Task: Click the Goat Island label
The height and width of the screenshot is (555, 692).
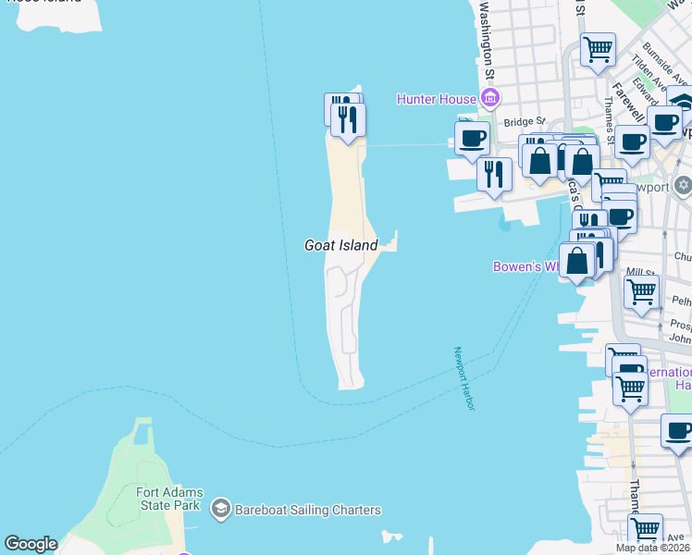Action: coord(341,245)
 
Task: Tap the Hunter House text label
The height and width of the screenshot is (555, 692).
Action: coord(437,98)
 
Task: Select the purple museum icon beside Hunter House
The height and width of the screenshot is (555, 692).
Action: coord(489,98)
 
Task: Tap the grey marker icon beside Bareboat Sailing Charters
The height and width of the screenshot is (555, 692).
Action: coord(220,509)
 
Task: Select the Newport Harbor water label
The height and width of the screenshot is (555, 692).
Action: coord(463,378)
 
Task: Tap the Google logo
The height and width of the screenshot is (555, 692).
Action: coord(31,544)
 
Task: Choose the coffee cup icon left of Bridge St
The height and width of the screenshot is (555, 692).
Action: coord(472,139)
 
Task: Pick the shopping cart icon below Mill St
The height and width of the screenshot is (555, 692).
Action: coord(641,293)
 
